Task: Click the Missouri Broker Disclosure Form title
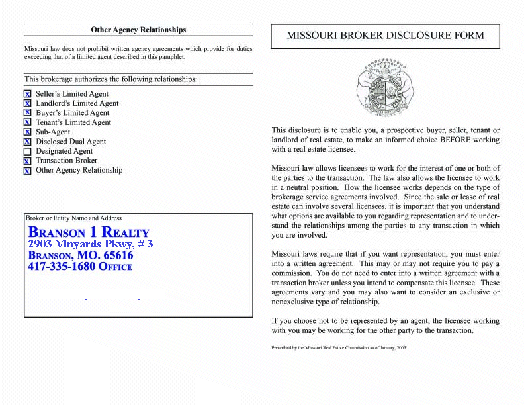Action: point(385,36)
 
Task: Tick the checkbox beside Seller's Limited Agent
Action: point(28,95)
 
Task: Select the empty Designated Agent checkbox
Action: point(28,152)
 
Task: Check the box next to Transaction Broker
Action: point(28,161)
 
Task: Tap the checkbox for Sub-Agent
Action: point(28,132)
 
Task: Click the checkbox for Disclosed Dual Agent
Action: point(28,142)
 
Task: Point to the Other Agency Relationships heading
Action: point(138,30)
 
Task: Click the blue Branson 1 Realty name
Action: point(89,232)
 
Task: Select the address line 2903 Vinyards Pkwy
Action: point(90,244)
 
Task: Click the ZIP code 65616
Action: point(118,255)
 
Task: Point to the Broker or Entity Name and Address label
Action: point(73,218)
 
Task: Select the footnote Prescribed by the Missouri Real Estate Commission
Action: point(338,347)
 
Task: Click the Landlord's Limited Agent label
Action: point(77,103)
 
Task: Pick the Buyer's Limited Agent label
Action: point(73,113)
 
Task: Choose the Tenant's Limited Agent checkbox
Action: point(28,123)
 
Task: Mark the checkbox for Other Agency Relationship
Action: point(28,171)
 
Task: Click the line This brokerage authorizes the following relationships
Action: point(110,79)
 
